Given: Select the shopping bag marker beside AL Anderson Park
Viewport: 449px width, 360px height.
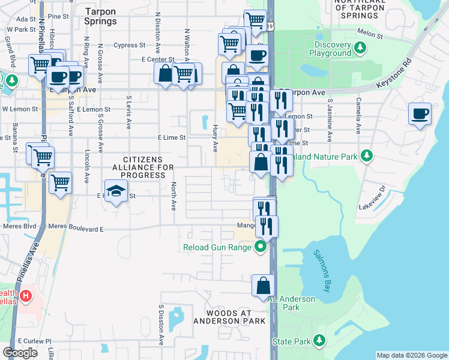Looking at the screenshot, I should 263,286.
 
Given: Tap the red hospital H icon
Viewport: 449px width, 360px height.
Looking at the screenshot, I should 26,296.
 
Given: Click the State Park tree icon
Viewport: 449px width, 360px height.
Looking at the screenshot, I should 319,341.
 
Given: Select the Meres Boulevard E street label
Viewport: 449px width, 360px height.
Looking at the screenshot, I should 76,229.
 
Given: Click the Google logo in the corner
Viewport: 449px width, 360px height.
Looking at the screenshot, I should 20,353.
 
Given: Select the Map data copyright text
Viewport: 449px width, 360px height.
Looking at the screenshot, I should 412,355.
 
